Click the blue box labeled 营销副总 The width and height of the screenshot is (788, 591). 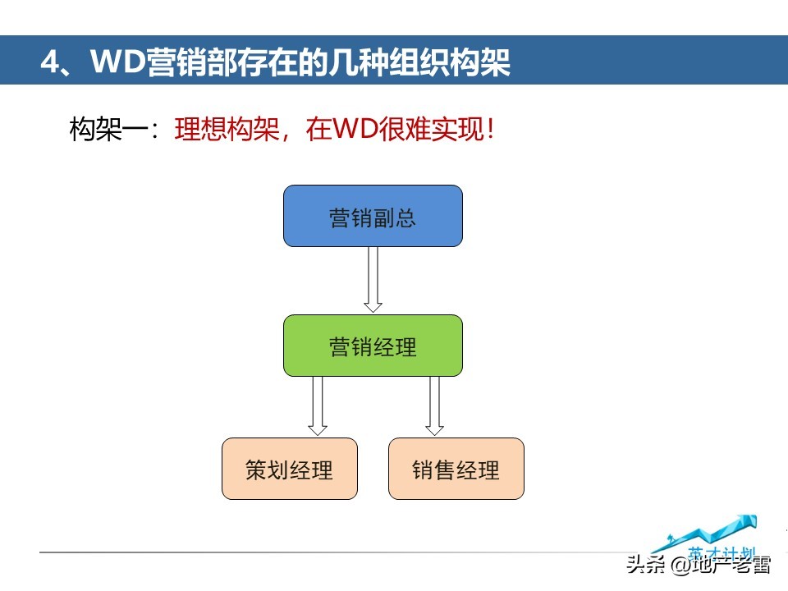pyautogui.click(x=373, y=216)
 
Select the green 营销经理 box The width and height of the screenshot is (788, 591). pyautogui.click(x=373, y=346)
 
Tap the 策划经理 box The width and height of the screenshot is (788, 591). pyautogui.click(x=290, y=469)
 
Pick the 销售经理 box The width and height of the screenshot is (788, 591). pyautogui.click(x=456, y=469)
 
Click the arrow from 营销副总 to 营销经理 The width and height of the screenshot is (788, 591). pyautogui.click(x=373, y=279)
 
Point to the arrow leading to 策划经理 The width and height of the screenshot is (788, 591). pyautogui.click(x=318, y=405)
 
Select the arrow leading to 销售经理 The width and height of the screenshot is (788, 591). pyautogui.click(x=435, y=405)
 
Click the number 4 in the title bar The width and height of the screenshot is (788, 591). pyautogui.click(x=51, y=62)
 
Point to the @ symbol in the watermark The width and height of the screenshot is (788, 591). pyautogui.click(x=677, y=566)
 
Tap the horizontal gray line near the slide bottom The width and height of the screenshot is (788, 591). pyautogui.click(x=328, y=552)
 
